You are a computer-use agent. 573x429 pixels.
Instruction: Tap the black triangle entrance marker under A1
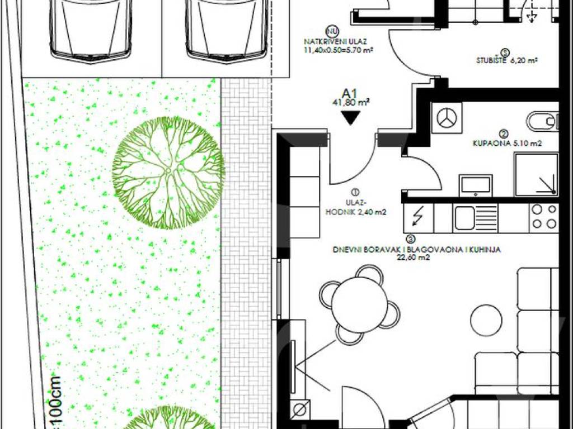[350, 117]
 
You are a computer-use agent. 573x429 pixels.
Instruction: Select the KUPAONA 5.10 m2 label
[507, 144]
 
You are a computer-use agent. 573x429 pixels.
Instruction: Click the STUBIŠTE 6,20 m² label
[506, 60]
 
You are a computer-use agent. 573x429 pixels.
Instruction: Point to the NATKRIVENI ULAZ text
[335, 42]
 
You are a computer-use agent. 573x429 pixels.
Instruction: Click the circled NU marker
[331, 31]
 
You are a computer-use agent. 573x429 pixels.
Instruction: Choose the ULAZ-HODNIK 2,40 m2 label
[355, 208]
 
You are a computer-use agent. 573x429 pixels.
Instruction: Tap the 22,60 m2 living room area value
[414, 258]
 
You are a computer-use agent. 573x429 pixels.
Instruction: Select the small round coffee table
[486, 320]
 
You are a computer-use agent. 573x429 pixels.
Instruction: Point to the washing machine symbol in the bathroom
[447, 118]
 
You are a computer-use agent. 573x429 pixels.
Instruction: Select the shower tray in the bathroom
[536, 174]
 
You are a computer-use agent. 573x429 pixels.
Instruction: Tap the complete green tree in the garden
[168, 173]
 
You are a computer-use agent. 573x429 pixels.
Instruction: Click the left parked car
[91, 30]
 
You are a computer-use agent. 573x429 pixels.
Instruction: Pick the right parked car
[226, 30]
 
